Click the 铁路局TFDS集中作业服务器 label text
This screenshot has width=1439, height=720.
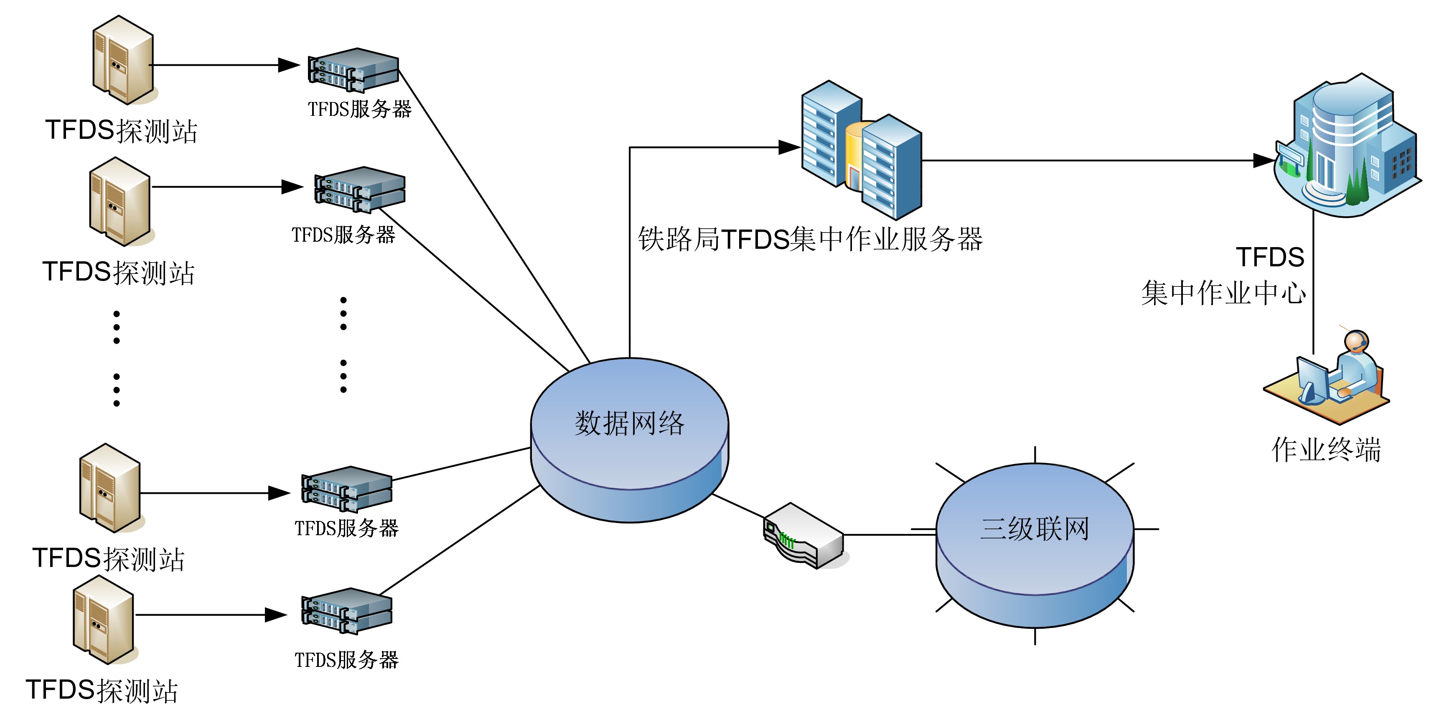[810, 239]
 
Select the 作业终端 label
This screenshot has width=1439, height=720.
[1326, 449]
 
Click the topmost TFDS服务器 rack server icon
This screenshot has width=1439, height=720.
[353, 70]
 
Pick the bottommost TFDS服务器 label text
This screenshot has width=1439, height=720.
[346, 660]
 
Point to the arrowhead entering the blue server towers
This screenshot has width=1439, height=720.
[789, 148]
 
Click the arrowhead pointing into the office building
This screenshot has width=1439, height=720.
[1264, 161]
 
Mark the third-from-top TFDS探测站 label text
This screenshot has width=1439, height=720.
[108, 559]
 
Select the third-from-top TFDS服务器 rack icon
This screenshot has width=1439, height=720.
[346, 489]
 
